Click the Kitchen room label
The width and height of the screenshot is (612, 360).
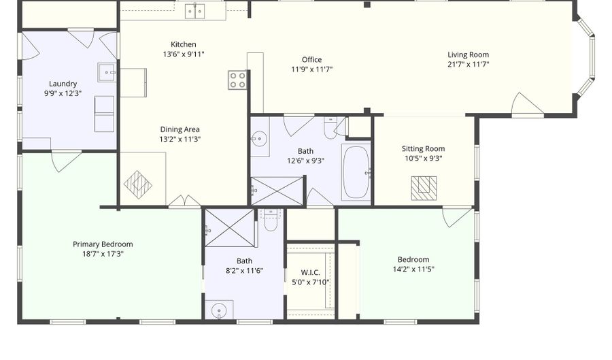point(184,44)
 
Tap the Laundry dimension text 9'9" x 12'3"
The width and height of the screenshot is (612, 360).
point(63,93)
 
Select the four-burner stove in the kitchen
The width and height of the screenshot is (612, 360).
point(237,80)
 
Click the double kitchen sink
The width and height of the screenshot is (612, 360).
point(195,11)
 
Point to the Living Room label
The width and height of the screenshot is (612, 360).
point(468,54)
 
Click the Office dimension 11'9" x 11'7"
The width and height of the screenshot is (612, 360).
point(312,69)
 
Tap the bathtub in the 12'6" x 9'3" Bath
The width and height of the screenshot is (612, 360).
point(356,172)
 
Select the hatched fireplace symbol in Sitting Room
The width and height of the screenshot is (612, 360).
point(424,189)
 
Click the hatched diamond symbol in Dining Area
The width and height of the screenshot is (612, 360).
point(138,185)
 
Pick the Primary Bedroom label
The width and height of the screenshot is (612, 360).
point(103,244)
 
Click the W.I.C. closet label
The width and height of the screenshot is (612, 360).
point(311,272)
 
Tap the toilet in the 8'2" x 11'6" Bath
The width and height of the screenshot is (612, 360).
point(271,220)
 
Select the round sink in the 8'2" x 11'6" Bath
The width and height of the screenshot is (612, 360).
point(219,311)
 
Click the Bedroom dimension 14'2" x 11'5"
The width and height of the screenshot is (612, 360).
point(413,269)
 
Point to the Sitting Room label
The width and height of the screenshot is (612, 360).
point(424,149)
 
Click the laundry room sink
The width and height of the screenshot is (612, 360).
point(107,72)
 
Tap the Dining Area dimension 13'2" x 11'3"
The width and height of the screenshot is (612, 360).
point(180,139)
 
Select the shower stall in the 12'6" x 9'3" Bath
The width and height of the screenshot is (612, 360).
point(277,191)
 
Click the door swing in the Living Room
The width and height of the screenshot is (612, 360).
point(527,105)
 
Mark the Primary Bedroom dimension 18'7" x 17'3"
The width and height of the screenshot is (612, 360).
point(103,254)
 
